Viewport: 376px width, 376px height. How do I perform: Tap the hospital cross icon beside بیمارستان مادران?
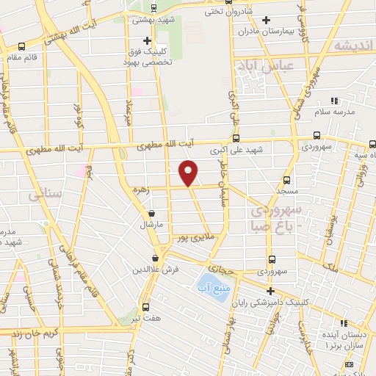266,20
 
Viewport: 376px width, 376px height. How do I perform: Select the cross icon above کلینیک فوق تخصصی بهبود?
147,40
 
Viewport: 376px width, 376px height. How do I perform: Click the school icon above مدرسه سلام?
334,100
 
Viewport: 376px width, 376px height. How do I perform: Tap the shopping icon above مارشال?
151,214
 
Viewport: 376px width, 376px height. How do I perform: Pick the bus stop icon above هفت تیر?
145,307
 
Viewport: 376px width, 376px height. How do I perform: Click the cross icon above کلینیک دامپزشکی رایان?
270,291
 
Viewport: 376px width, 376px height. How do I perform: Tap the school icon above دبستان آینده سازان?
343,322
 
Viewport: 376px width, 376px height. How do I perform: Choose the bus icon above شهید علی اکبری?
236,137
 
